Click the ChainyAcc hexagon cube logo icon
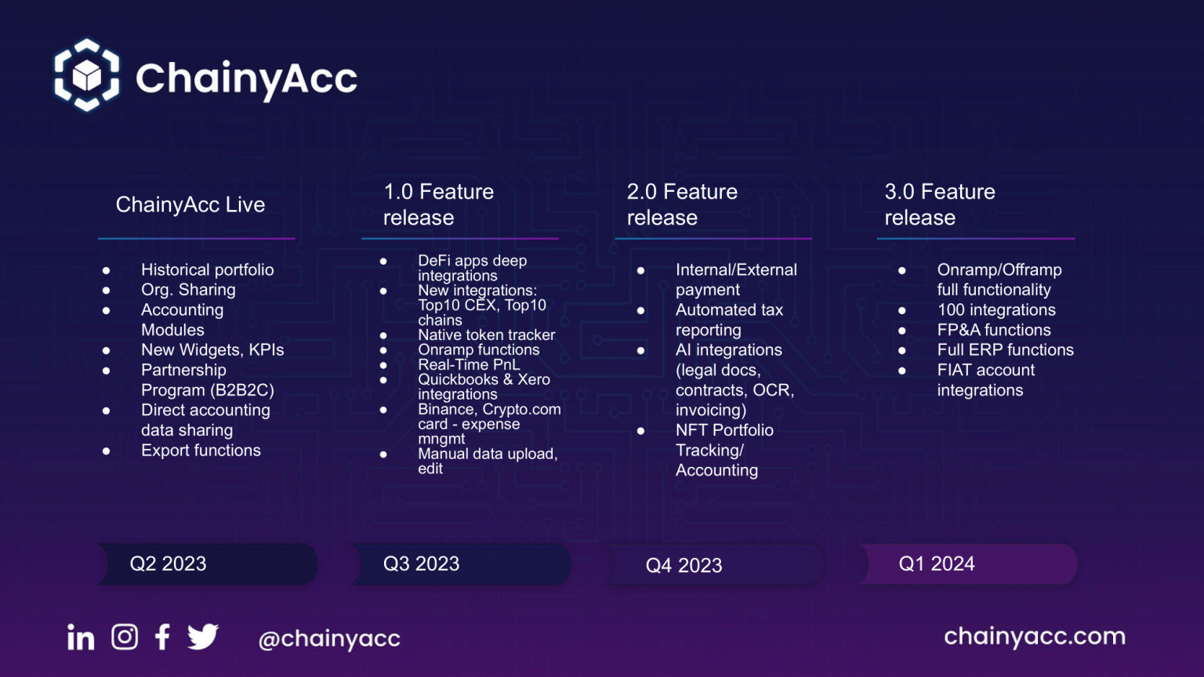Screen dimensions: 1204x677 (x=86, y=75)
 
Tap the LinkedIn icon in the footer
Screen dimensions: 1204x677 (x=81, y=637)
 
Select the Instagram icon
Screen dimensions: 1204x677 (x=125, y=637)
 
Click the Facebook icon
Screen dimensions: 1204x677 (x=162, y=637)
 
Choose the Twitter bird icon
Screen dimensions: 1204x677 (x=203, y=637)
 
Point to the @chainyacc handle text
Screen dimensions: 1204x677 (x=329, y=639)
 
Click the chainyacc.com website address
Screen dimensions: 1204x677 (x=1035, y=636)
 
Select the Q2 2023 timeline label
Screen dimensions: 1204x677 (x=168, y=563)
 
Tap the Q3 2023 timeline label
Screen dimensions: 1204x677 (x=422, y=563)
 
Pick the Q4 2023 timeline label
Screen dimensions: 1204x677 (x=684, y=565)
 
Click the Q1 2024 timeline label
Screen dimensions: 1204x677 (x=937, y=563)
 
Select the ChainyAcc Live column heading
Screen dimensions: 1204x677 (x=190, y=205)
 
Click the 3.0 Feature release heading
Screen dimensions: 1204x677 (x=940, y=205)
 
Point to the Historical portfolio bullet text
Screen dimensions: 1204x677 (x=208, y=270)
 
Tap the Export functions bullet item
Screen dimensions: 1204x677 (x=201, y=451)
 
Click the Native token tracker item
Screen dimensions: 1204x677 (x=487, y=335)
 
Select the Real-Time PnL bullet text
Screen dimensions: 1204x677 (x=470, y=365)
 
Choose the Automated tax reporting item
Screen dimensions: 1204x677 (x=730, y=320)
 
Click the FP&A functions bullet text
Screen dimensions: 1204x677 (x=994, y=330)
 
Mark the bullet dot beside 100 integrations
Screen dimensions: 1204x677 (x=902, y=310)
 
